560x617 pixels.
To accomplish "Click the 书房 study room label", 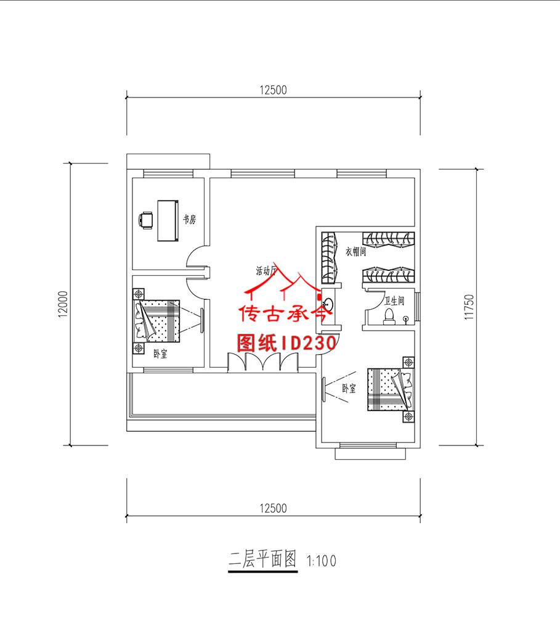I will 189,220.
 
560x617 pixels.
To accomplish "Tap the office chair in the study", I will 146,220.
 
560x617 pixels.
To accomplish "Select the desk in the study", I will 168,220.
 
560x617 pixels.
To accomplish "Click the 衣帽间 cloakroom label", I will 355,252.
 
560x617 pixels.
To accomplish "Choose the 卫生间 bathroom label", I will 394,301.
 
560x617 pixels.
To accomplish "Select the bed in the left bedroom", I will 158,320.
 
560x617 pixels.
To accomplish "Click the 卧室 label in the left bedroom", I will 160,354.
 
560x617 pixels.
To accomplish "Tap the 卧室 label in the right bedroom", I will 349,389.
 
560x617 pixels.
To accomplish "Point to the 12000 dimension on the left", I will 63,304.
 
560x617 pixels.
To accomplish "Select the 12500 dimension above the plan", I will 273,89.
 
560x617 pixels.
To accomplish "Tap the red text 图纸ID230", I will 286,343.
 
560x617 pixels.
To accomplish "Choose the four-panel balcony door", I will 263,362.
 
